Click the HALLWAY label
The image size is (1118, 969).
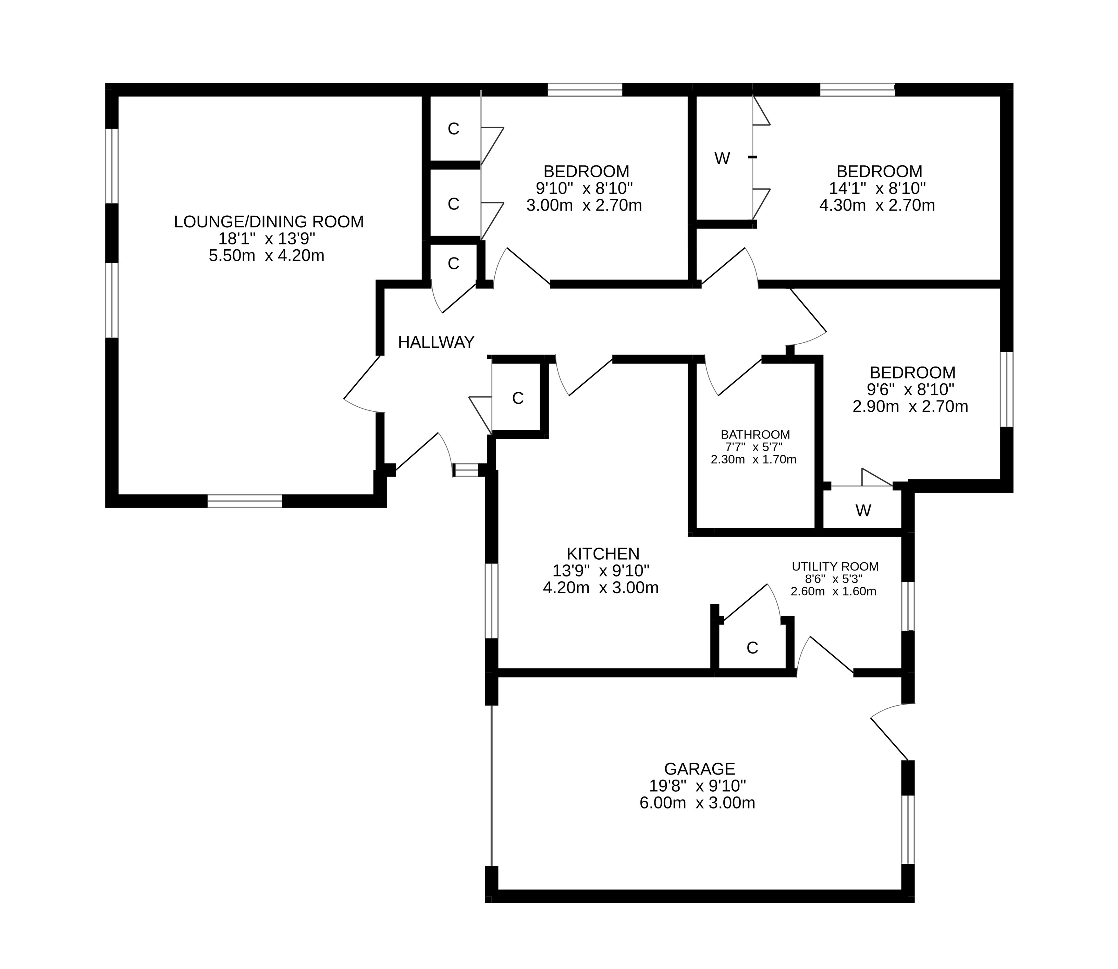436,342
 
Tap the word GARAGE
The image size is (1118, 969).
699,769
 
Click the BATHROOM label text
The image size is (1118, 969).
755,435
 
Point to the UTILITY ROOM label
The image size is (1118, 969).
835,567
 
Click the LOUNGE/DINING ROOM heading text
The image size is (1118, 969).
269,222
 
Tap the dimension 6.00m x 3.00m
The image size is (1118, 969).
697,803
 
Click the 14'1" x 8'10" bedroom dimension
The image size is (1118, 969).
877,189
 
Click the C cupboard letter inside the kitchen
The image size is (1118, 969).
752,648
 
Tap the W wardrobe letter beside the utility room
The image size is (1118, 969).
863,511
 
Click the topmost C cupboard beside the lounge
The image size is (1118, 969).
453,129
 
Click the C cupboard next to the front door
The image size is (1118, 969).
518,398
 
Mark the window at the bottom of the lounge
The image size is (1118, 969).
245,501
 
